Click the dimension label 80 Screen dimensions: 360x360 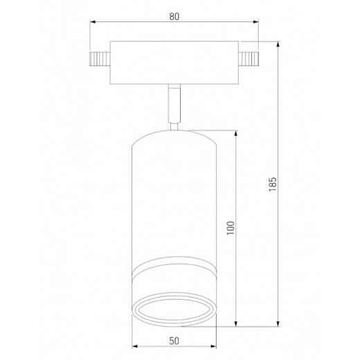tap(174, 17)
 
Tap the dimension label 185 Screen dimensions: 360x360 tap(273, 184)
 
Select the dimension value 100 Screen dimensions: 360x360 tap(231, 228)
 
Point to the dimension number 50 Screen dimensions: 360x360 tap(174, 341)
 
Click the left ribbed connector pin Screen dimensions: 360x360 tap(100, 59)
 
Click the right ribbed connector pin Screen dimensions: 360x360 tap(249, 59)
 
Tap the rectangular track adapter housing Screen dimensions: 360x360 tap(174, 62)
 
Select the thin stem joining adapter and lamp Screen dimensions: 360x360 tap(174, 103)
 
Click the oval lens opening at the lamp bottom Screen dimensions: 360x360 tap(174, 309)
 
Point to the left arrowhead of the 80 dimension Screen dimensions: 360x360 tap(92, 22)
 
